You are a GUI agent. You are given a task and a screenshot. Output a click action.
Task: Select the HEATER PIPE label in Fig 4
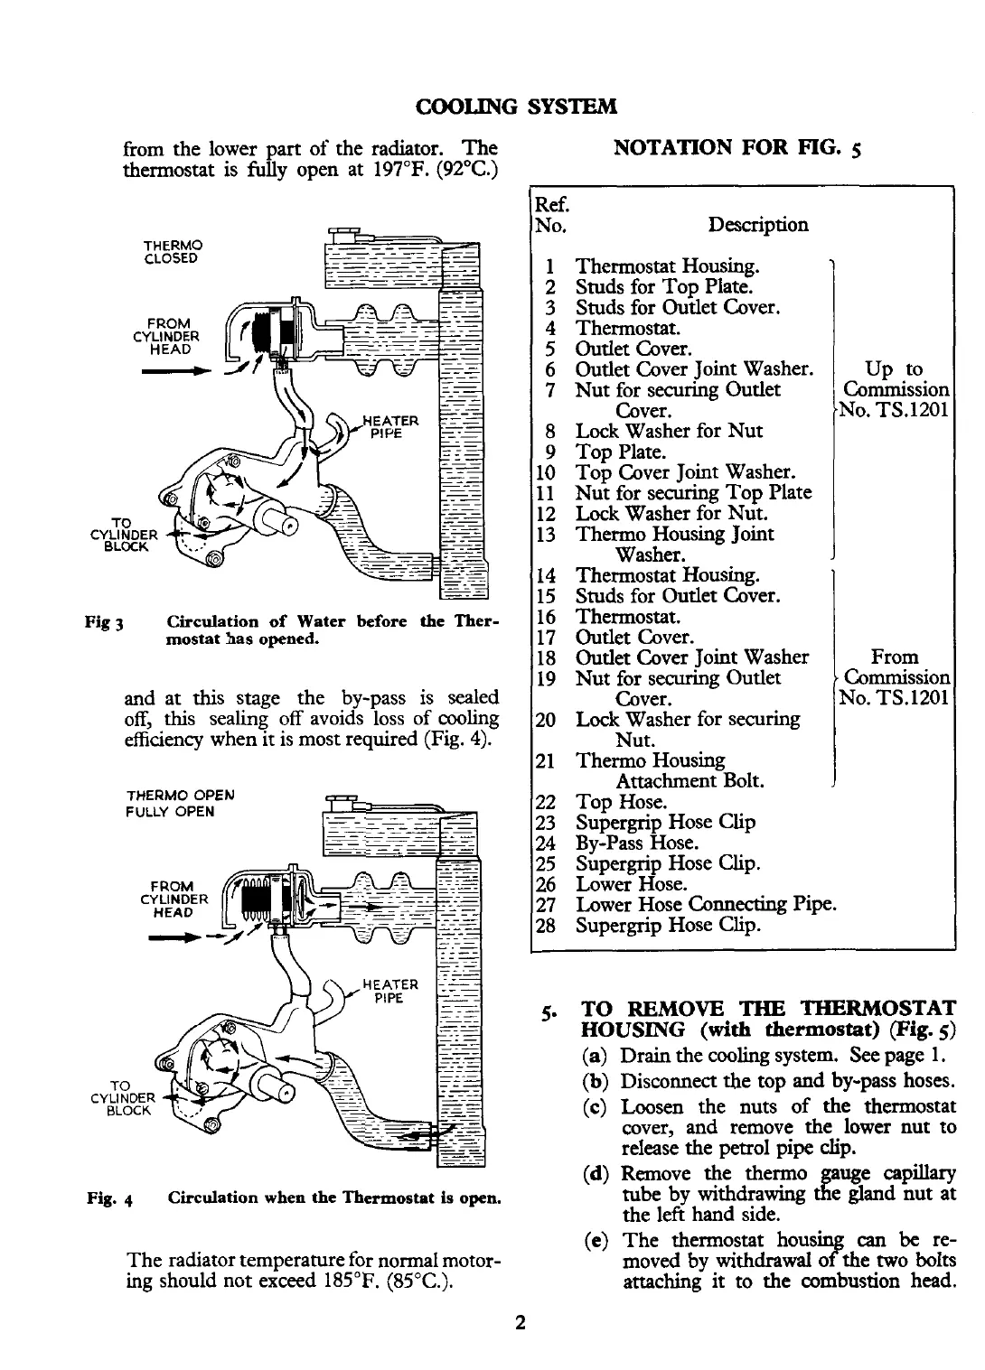tap(389, 991)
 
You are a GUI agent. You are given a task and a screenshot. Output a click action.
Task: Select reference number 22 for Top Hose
tap(545, 802)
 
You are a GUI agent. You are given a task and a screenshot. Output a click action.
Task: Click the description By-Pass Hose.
tap(637, 843)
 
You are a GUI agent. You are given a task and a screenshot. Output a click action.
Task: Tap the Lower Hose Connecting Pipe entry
tap(705, 904)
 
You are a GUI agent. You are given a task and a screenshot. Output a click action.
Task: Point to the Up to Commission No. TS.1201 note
tap(894, 390)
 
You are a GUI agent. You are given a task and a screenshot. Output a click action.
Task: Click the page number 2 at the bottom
tap(520, 1323)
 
